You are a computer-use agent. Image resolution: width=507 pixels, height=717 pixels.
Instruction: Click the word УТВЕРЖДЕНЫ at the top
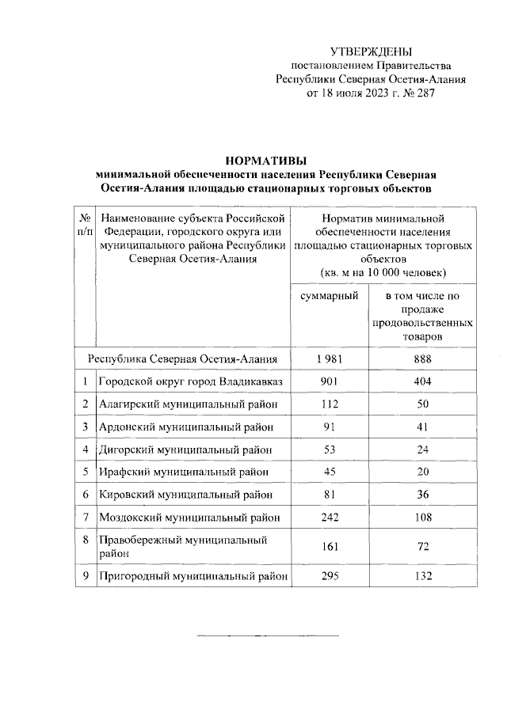(371, 51)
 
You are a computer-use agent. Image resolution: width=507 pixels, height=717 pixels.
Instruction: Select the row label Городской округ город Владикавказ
(190, 382)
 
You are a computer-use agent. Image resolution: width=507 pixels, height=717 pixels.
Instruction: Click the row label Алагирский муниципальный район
(188, 404)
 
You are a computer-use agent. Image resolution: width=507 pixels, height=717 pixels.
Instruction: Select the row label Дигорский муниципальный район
(187, 450)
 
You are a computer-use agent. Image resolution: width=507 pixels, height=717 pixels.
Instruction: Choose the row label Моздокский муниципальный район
(189, 518)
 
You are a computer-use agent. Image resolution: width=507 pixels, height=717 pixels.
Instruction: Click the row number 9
(84, 576)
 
